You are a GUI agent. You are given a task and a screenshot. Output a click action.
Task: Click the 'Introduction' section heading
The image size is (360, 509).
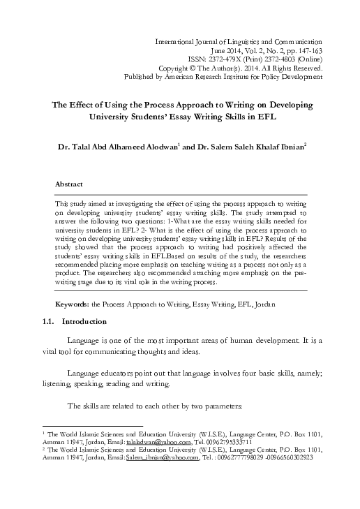tap(84, 321)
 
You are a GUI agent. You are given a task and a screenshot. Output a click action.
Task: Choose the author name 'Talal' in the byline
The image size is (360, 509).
tap(91, 148)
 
